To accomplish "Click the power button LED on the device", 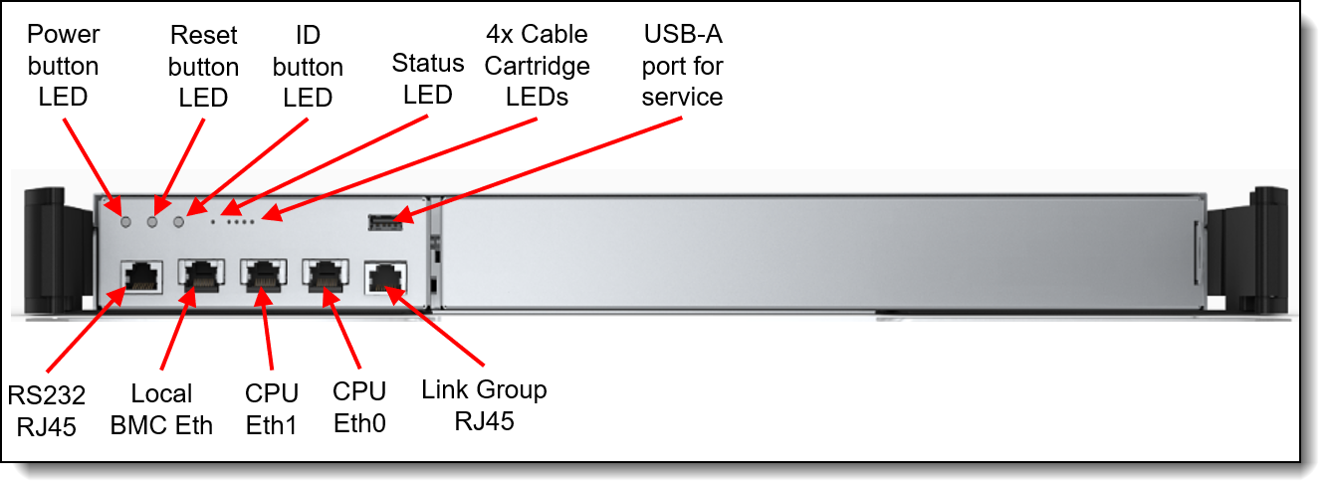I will [125, 221].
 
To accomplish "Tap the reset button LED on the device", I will [152, 221].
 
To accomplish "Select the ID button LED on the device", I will [179, 221].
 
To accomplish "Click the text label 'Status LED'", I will [427, 79].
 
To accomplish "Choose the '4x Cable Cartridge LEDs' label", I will [537, 66].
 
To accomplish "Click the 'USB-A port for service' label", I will [682, 66].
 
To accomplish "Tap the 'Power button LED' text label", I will [64, 66].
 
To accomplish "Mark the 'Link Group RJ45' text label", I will [484, 404].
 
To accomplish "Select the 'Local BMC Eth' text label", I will [162, 409].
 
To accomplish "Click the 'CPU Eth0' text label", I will [359, 407].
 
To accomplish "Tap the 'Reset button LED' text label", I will [203, 66].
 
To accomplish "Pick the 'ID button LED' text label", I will [308, 66].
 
